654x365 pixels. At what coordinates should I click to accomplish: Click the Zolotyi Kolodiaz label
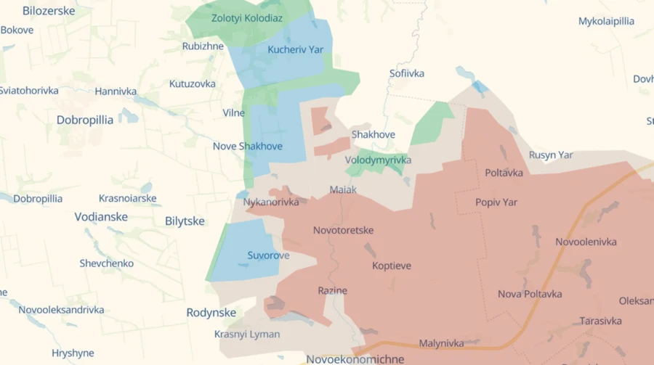coord(247,18)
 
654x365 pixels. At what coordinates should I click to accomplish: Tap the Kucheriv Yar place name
coord(295,50)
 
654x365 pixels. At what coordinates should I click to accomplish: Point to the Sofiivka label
coord(407,73)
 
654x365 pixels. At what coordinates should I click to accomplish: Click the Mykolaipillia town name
coord(606,22)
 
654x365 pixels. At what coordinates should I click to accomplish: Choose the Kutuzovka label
coord(193,84)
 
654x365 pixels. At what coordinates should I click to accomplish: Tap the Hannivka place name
coord(116,92)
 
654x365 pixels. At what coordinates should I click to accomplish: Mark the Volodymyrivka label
coord(378,160)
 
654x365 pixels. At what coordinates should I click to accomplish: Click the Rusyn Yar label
coord(551,155)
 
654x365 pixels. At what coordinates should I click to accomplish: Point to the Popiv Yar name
coord(496,202)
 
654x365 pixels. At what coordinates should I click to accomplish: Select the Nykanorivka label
coord(272,202)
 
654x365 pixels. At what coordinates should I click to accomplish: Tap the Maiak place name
coord(343,190)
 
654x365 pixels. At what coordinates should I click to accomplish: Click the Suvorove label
coord(268,255)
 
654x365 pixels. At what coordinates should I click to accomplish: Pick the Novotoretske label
coord(343,231)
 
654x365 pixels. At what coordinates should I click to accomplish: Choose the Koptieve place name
coord(392,266)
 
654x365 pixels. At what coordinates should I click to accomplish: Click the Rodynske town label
coord(211,313)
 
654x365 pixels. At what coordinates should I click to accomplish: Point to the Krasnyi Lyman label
coord(247,335)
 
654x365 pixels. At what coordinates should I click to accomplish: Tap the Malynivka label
coord(441,344)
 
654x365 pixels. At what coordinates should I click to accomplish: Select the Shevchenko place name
coord(107,263)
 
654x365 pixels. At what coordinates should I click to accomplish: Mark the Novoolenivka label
coord(586,242)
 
